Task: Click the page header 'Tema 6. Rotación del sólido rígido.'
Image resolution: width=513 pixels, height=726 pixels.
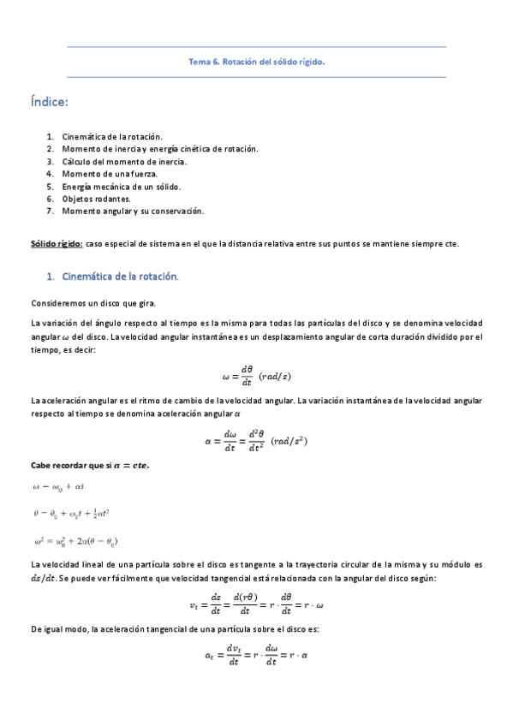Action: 256,62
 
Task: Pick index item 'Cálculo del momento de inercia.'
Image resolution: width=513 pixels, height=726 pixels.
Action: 123,161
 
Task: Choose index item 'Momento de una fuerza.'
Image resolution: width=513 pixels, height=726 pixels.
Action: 109,174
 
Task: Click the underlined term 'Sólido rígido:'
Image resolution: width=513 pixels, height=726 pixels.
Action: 57,244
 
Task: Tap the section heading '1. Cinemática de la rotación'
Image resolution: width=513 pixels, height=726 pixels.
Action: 119,277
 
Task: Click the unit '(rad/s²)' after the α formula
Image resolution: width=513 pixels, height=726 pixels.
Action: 289,442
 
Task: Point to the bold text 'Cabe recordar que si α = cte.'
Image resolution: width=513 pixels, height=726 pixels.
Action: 90,465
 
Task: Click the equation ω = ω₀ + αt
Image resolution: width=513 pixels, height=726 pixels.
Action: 59,486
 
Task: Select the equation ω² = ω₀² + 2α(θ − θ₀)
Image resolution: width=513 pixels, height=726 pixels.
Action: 75,541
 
